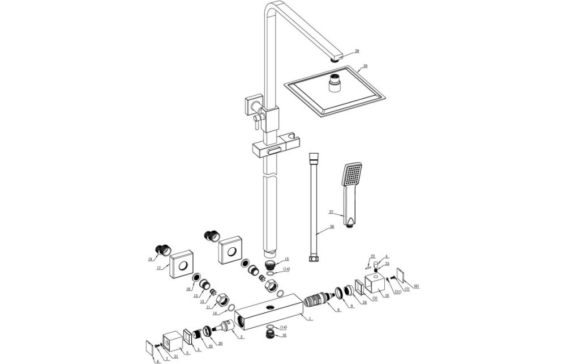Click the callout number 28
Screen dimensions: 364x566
[357, 51]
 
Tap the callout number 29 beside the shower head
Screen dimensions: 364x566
[365, 66]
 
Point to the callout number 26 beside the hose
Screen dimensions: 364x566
[332, 227]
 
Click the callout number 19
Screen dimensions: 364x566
[149, 259]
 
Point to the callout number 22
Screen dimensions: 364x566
[373, 256]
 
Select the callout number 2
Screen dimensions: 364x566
[242, 337]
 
